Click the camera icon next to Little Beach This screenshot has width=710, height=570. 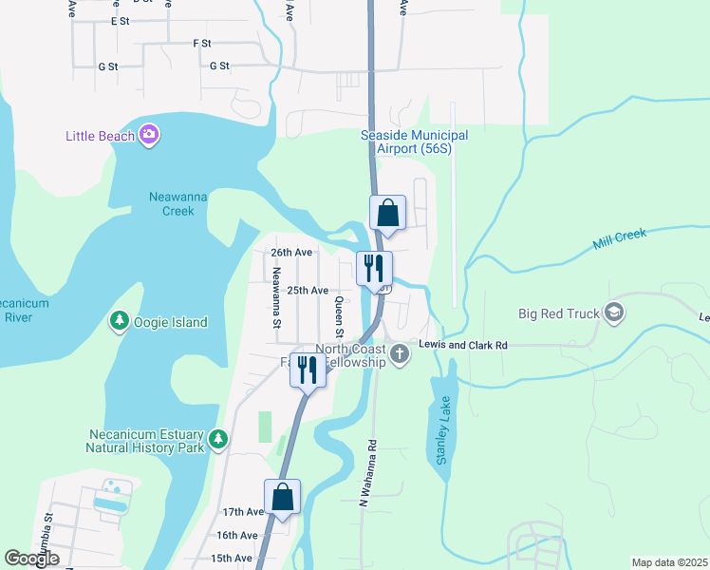pyautogui.click(x=148, y=135)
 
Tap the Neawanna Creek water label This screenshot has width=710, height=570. pyautogui.click(x=172, y=203)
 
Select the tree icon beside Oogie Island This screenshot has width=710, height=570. pyautogui.click(x=120, y=322)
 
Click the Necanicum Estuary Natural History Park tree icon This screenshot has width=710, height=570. pyautogui.click(x=219, y=439)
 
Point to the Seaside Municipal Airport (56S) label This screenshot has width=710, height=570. pyautogui.click(x=414, y=142)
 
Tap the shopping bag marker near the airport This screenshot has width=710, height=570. pyautogui.click(x=387, y=213)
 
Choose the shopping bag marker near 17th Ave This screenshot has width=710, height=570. pyautogui.click(x=282, y=497)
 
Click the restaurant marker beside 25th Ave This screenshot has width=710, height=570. pyautogui.click(x=374, y=268)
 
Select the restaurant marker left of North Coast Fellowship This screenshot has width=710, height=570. pyautogui.click(x=308, y=369)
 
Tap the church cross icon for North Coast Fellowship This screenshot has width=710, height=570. pyautogui.click(x=400, y=355)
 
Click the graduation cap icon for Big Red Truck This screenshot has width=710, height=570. pyautogui.click(x=614, y=313)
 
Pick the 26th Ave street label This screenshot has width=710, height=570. pyautogui.click(x=291, y=253)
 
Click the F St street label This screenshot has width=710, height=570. pyautogui.click(x=201, y=43)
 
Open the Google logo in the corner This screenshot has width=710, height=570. pyautogui.click(x=32, y=559)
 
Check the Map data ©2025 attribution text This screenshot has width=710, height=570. pyautogui.click(x=669, y=562)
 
